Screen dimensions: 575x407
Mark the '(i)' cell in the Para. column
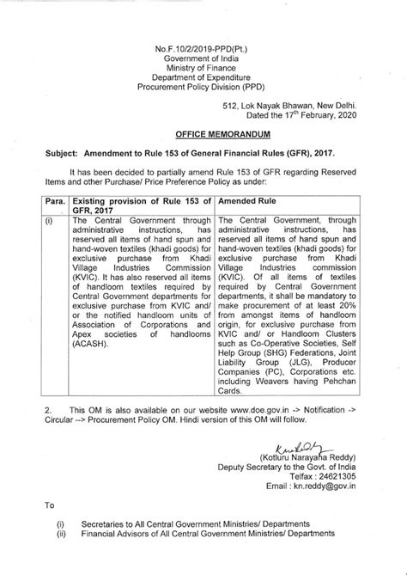pyautogui.click(x=37, y=220)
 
